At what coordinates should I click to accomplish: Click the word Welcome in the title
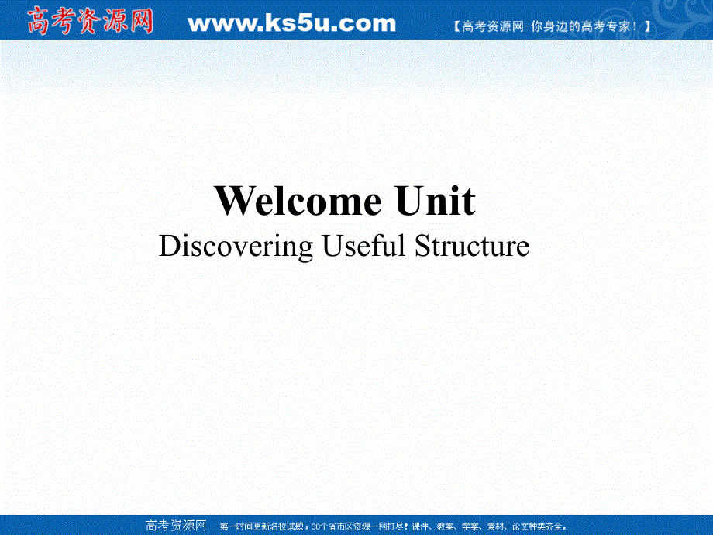click(x=298, y=202)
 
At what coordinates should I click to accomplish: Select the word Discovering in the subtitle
click(x=236, y=247)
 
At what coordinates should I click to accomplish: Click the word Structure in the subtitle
click(x=472, y=246)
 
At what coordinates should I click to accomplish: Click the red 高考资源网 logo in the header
click(x=90, y=21)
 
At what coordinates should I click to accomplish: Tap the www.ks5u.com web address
click(x=292, y=23)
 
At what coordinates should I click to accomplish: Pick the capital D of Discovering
click(x=168, y=246)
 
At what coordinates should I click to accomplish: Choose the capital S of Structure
click(x=423, y=246)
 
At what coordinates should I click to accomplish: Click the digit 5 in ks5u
click(x=308, y=23)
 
